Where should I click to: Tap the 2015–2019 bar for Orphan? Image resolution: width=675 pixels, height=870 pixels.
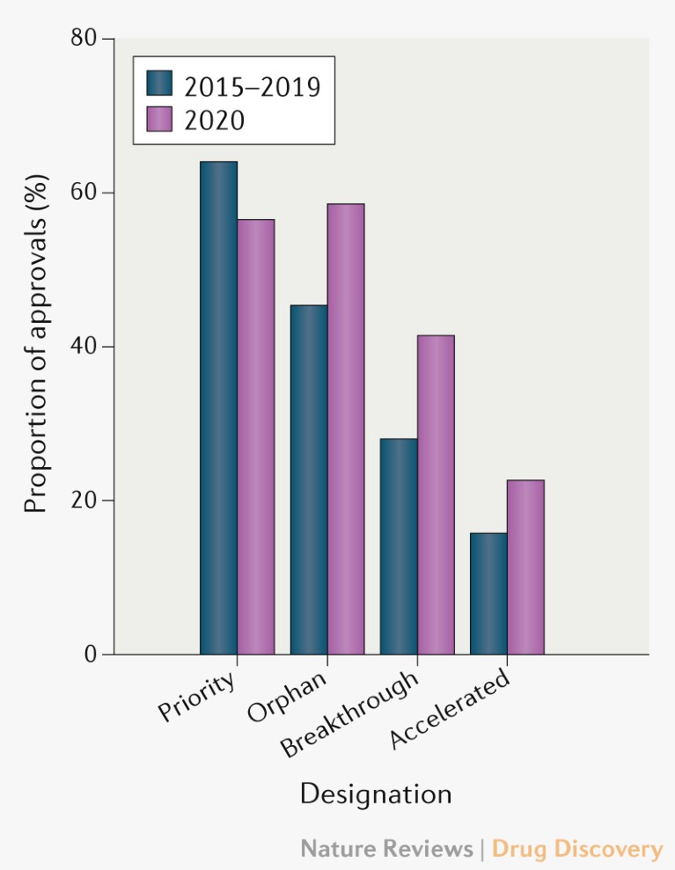tap(309, 479)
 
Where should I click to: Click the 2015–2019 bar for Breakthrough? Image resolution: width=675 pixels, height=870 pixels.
tap(399, 546)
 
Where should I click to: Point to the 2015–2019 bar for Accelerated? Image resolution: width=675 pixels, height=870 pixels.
tap(488, 594)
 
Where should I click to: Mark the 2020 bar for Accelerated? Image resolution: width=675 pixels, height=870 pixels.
tap(525, 567)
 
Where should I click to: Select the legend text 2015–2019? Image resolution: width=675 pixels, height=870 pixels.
tap(252, 86)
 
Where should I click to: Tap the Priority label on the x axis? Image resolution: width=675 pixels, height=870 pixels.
tap(198, 698)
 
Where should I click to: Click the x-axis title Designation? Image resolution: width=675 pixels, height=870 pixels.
tap(376, 793)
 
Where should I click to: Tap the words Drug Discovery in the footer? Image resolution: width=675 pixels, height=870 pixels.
tap(576, 849)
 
